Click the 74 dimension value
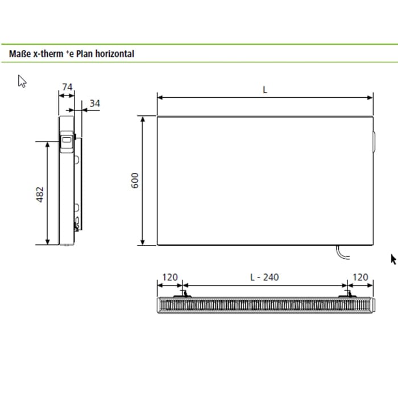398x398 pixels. tap(67, 87)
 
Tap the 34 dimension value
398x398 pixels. tap(94, 103)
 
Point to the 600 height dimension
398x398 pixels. tap(135, 181)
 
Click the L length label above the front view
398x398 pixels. tap(265, 89)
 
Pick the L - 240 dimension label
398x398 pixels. tap(265, 277)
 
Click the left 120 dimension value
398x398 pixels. tap(170, 277)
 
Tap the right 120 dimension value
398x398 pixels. tap(360, 277)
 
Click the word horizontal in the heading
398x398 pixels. tap(115, 54)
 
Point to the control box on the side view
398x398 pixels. tap(67, 143)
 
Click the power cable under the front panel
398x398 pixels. tap(342, 254)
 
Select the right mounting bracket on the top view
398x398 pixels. tap(347, 295)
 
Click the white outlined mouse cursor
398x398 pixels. tap(22, 81)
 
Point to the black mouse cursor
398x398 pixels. tap(393, 259)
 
